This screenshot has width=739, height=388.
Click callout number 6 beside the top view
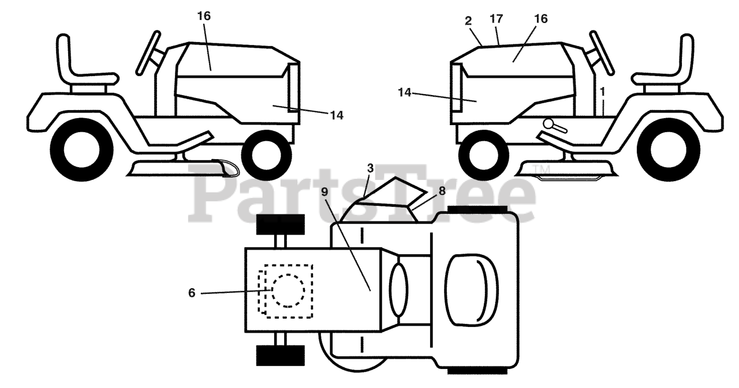coord(192,293)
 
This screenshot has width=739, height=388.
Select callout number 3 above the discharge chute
coord(370,168)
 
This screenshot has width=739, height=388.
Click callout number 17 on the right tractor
coord(497,19)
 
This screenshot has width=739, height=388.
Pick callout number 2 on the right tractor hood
coord(468,21)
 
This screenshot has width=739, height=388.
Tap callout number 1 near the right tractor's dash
coord(603,91)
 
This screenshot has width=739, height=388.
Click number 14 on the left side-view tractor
coord(337,115)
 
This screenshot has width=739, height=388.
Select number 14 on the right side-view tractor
coord(404,92)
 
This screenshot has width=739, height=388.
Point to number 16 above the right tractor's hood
coord(540,19)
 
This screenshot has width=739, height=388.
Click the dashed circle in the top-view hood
coord(288,290)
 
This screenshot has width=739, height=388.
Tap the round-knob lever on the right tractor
coord(550,123)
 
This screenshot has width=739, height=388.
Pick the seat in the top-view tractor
coord(471,285)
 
